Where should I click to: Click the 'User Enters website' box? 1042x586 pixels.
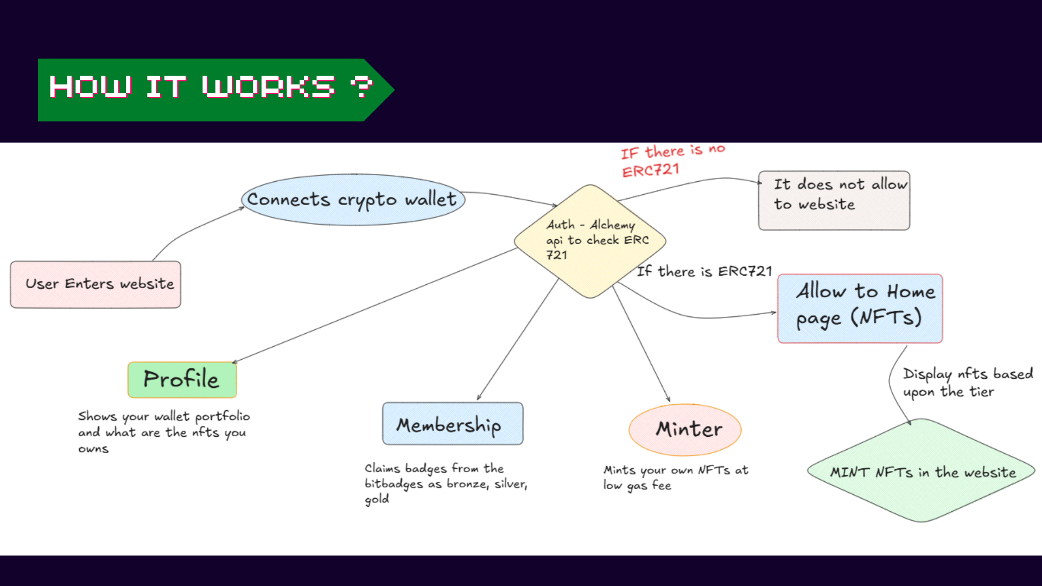click(x=96, y=284)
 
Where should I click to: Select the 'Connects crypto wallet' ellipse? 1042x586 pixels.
click(x=353, y=200)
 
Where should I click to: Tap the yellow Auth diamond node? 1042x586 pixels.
click(x=590, y=241)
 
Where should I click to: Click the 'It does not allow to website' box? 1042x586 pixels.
click(x=834, y=200)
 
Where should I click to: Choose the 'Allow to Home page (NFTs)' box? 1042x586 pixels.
click(x=860, y=308)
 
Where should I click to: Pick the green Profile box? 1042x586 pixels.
click(x=182, y=379)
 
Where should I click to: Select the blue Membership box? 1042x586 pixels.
click(x=453, y=423)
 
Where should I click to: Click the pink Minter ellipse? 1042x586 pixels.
click(x=685, y=430)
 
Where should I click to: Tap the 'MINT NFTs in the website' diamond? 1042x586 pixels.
click(x=921, y=470)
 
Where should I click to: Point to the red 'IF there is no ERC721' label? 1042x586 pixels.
click(x=673, y=161)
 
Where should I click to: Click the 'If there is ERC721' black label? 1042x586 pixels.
click(x=704, y=271)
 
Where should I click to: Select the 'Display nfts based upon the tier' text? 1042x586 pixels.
click(x=968, y=383)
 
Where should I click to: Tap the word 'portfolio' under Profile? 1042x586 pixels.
click(x=223, y=417)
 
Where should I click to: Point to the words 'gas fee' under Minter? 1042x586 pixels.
click(x=649, y=486)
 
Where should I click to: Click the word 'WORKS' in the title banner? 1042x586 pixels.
click(x=269, y=87)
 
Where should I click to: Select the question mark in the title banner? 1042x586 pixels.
click(x=361, y=87)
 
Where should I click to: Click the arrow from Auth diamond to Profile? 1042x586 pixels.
click(x=374, y=305)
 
